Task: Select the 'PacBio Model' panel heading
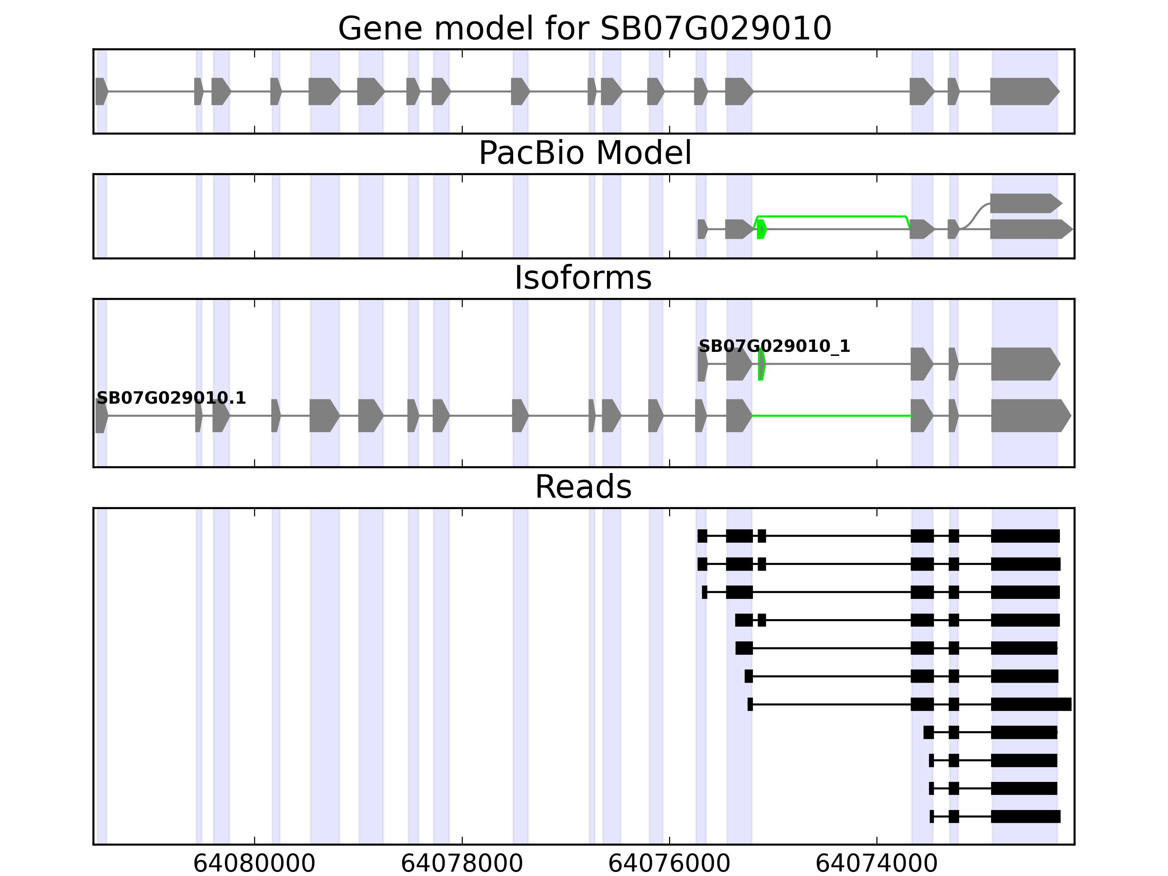[584, 153]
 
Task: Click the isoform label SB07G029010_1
[774, 346]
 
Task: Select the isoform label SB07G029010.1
[171, 398]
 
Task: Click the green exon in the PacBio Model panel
[761, 229]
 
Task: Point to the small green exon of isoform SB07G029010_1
[761, 364]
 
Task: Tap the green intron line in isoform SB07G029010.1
[831, 416]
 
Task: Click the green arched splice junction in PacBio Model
[831, 216]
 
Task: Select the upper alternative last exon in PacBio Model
[1025, 203]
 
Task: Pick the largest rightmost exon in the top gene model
[1023, 91]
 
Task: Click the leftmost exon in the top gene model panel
[101, 91]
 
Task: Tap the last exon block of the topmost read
[1025, 536]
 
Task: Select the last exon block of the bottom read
[1025, 817]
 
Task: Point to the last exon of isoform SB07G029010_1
[1025, 364]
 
